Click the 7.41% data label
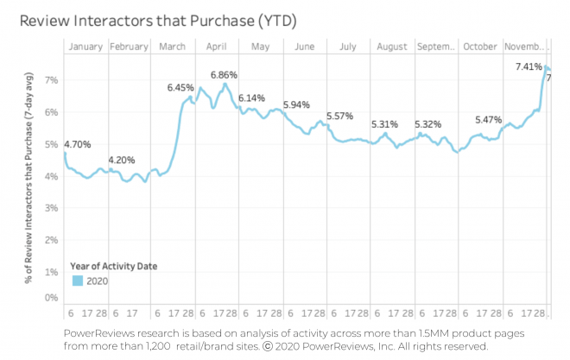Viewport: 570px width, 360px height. click(x=529, y=66)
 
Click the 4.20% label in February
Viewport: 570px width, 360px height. click(x=123, y=160)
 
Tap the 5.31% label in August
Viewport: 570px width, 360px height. click(x=385, y=124)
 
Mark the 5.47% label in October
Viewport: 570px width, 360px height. click(x=490, y=120)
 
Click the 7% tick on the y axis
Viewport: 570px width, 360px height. click(x=51, y=80)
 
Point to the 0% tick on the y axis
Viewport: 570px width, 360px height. click(x=51, y=298)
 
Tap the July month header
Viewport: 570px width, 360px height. click(x=349, y=47)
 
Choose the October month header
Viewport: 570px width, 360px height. click(x=481, y=47)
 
